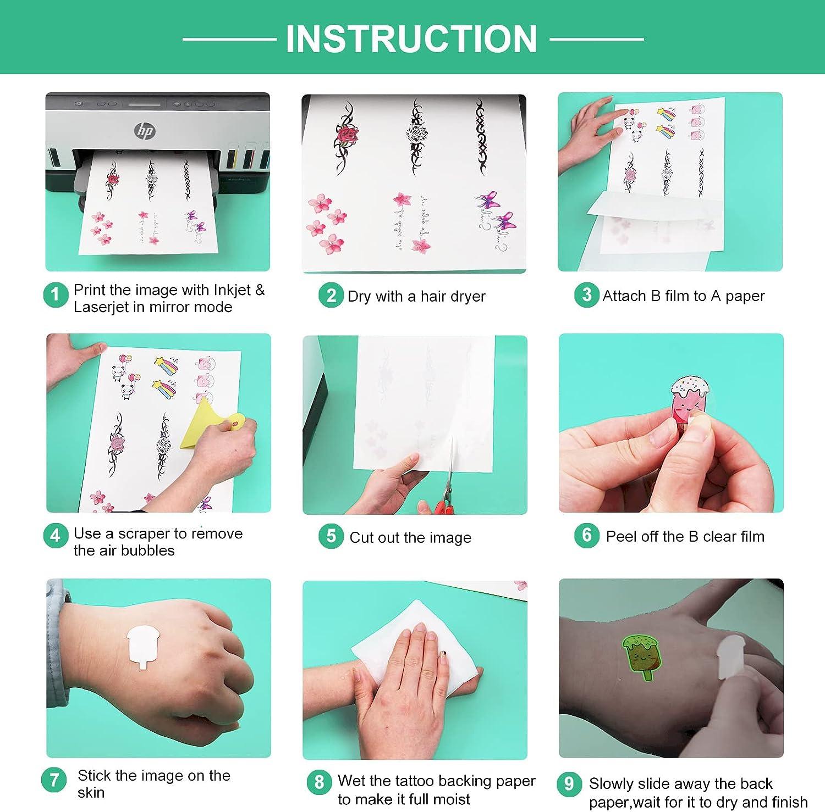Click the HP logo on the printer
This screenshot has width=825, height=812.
tap(145, 131)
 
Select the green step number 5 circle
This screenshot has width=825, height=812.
tap(331, 536)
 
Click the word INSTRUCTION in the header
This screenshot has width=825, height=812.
tap(411, 38)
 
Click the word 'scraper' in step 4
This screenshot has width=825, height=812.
tap(144, 534)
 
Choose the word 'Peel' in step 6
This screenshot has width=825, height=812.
tap(620, 536)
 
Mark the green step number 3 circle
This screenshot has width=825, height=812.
tap(587, 295)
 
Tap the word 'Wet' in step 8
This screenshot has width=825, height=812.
tap(352, 781)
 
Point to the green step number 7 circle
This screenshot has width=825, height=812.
tap(54, 780)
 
